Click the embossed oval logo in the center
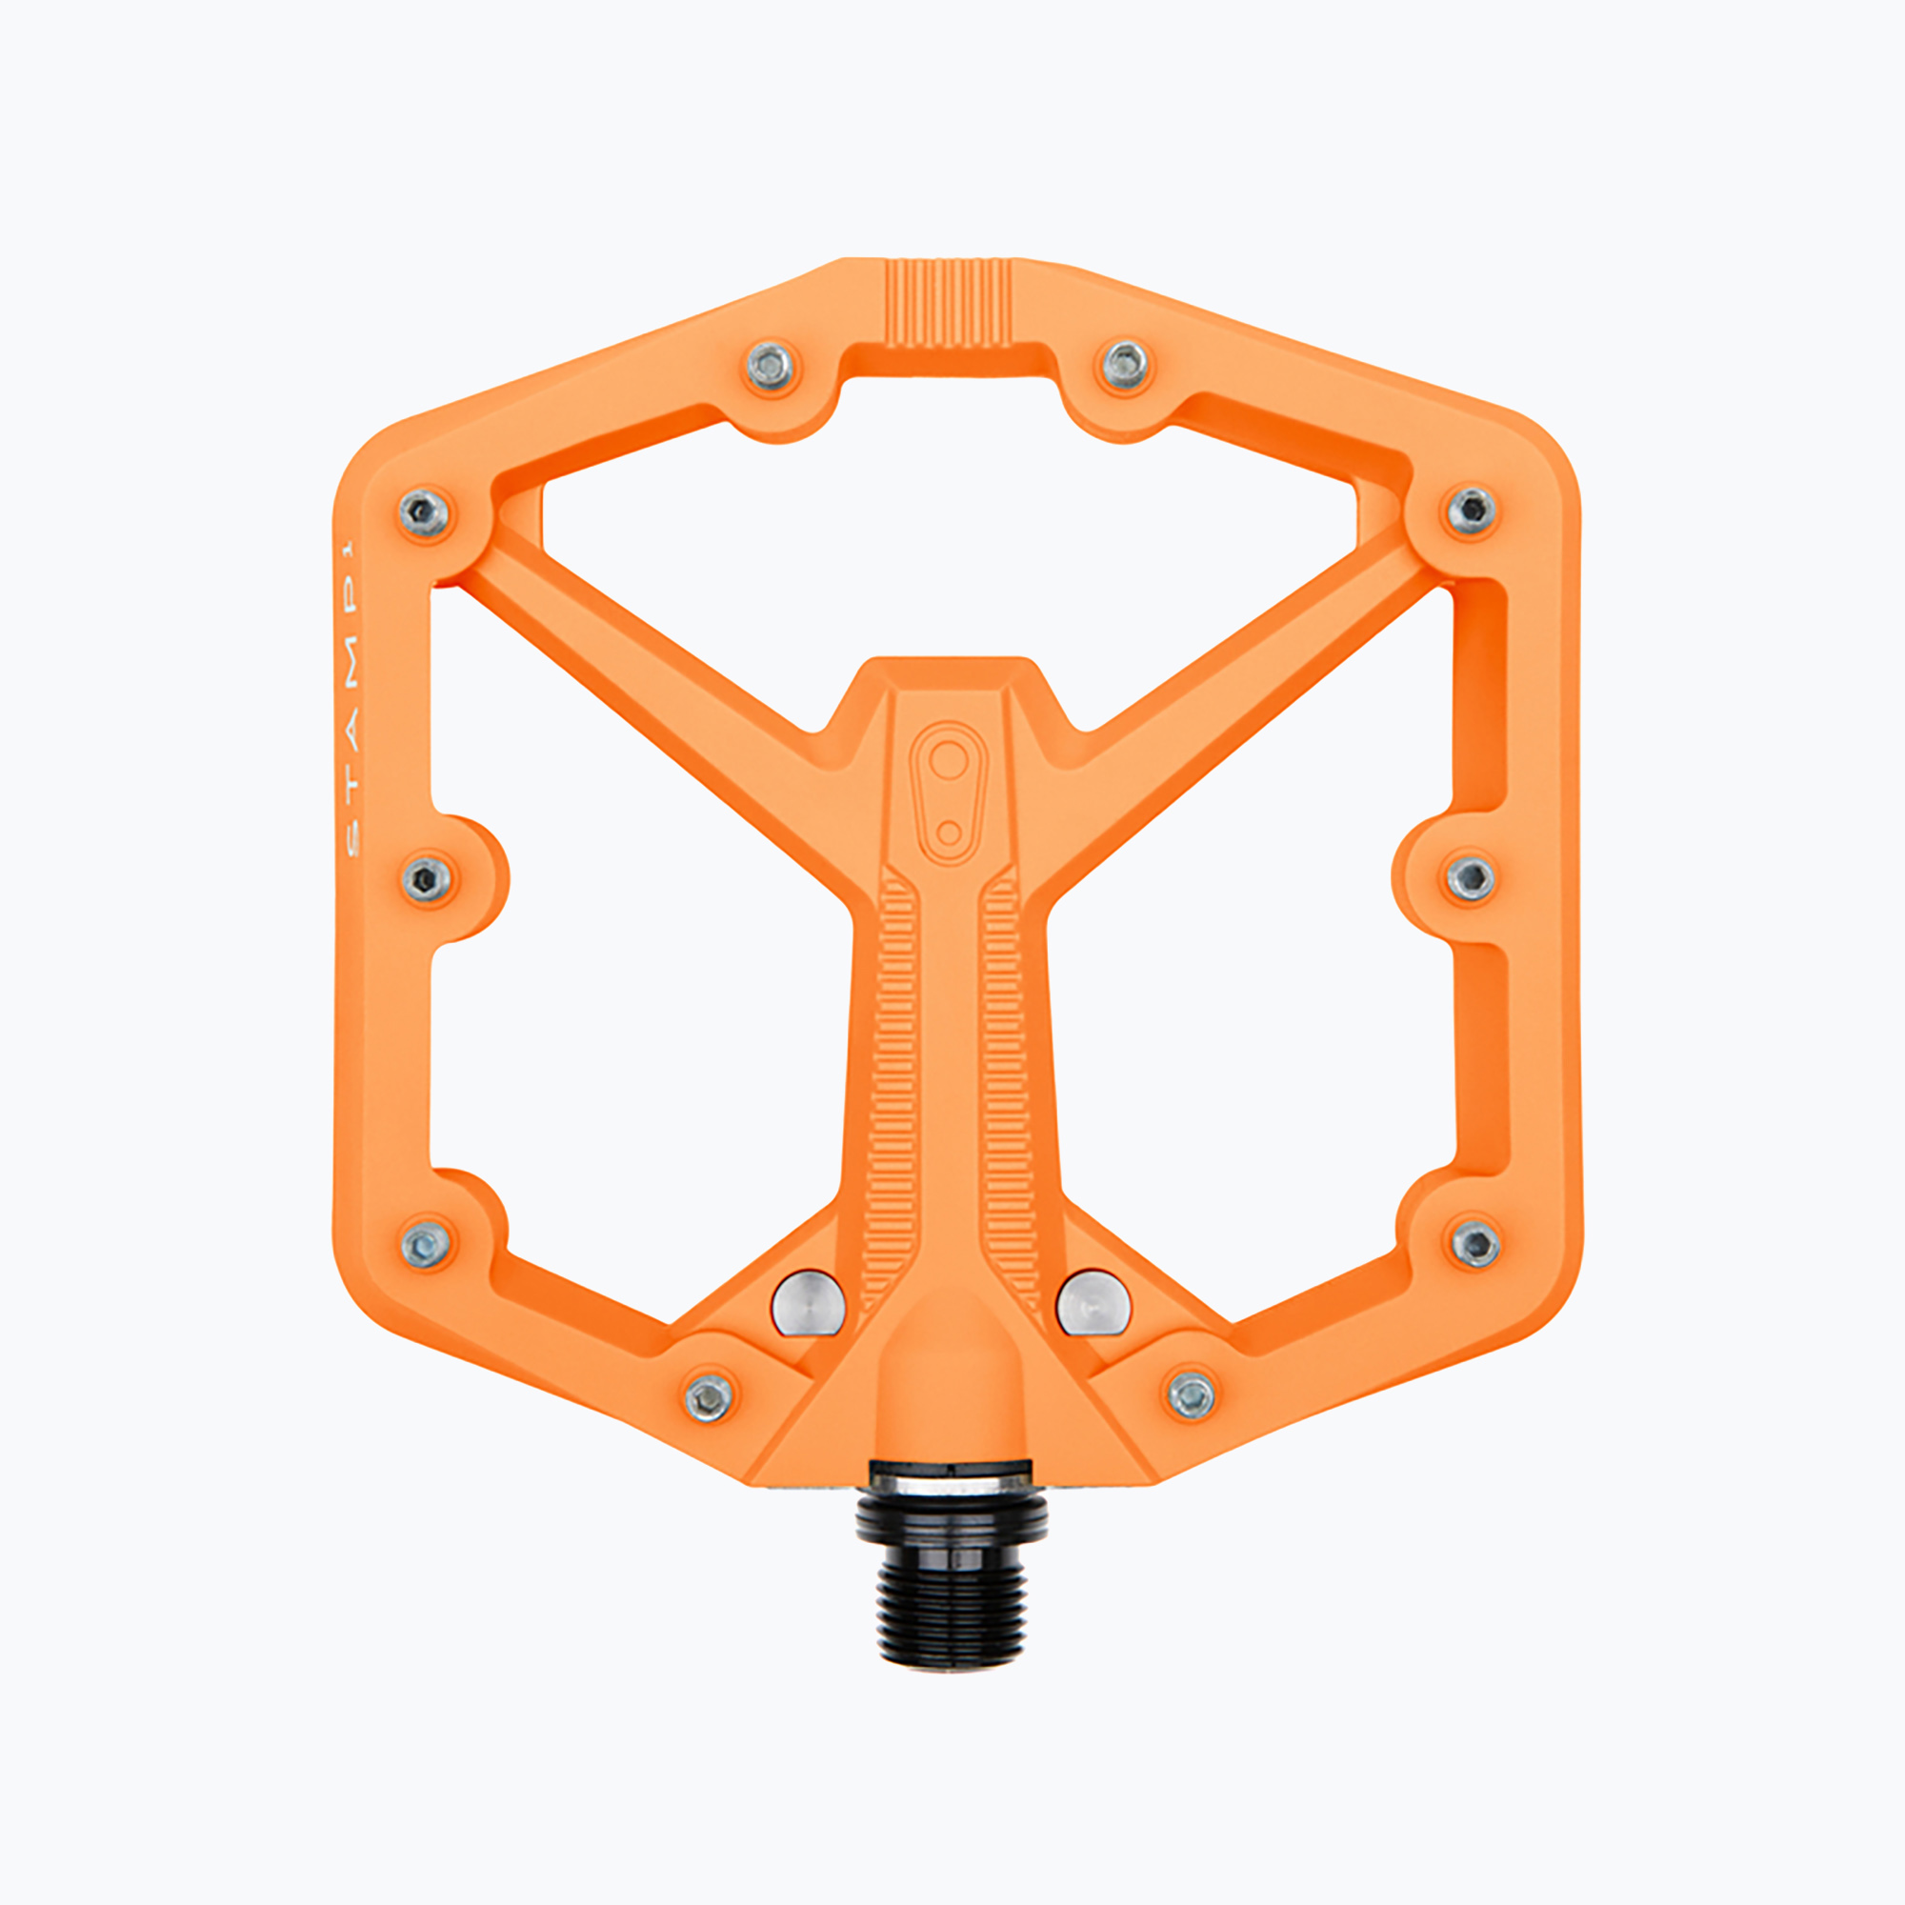tap(948, 792)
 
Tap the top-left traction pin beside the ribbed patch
tap(770, 365)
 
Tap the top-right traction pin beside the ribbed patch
tap(1125, 365)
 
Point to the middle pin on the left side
tap(427, 876)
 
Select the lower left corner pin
tap(426, 1244)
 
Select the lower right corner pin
tap(1475, 1243)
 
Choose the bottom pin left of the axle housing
tap(709, 1396)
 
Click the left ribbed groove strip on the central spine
tap(895, 1085)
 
